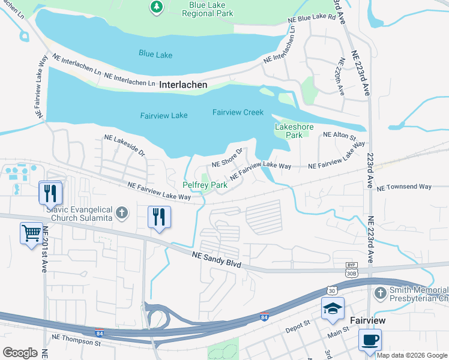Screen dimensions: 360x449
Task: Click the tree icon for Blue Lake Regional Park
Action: pos(156,7)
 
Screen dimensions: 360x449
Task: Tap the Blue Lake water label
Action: pos(155,55)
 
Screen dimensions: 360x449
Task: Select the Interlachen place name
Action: pos(183,85)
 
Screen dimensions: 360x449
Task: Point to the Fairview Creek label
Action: pos(238,112)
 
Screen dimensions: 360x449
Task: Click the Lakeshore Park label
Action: pos(288,131)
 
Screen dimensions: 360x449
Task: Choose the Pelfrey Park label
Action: pos(205,185)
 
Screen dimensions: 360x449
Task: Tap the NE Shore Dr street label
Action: pos(227,158)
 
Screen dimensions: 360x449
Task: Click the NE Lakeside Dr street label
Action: pos(125,145)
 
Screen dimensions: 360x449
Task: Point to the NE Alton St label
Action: pos(340,136)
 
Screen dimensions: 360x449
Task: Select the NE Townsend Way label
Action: pos(404,187)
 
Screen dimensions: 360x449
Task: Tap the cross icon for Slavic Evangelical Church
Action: pos(122,212)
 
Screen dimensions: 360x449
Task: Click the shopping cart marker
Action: pos(31,232)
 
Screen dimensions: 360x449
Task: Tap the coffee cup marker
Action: pos(370,340)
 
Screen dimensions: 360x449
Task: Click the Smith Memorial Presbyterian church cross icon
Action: pos(379,293)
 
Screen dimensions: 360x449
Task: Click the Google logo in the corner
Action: pos(19,353)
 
